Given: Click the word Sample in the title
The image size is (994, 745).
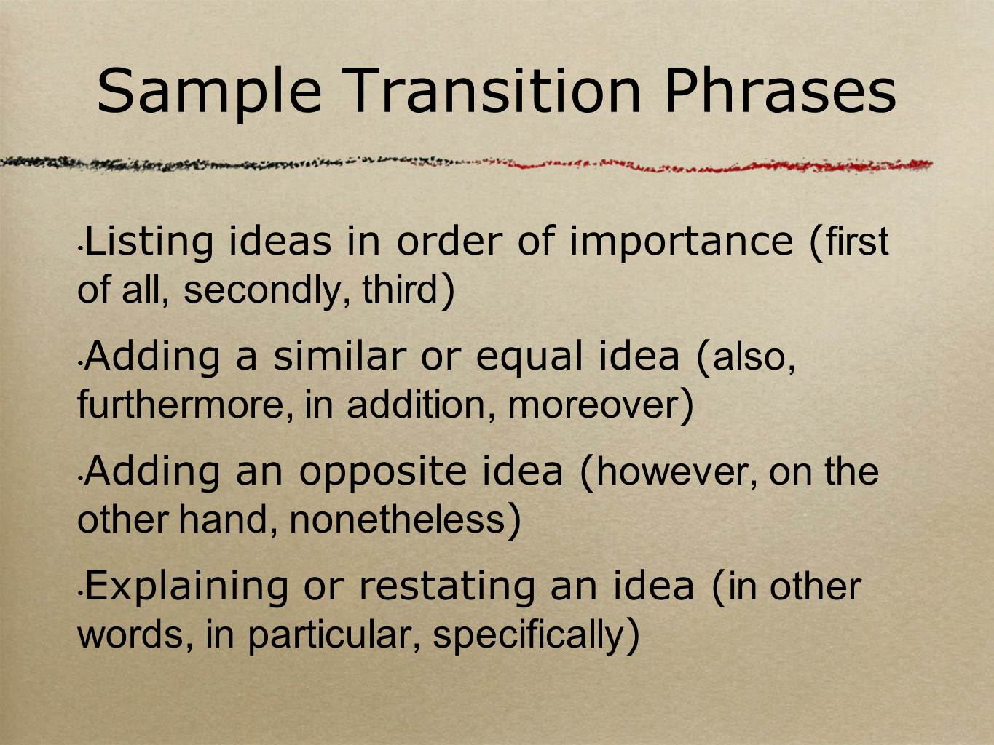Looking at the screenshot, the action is pos(209,92).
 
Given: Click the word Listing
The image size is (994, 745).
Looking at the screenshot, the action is pos(149,244).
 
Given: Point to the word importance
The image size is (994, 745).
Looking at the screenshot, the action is pos(681,244).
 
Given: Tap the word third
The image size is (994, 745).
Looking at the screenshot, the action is pos(399,289).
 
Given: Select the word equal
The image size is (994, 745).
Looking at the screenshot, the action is pos(529,359).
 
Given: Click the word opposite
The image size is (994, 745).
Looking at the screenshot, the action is pos(383,474).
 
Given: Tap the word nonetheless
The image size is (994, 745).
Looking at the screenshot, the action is pos(397,519).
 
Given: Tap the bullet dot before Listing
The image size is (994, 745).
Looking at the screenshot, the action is pos(80,249).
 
